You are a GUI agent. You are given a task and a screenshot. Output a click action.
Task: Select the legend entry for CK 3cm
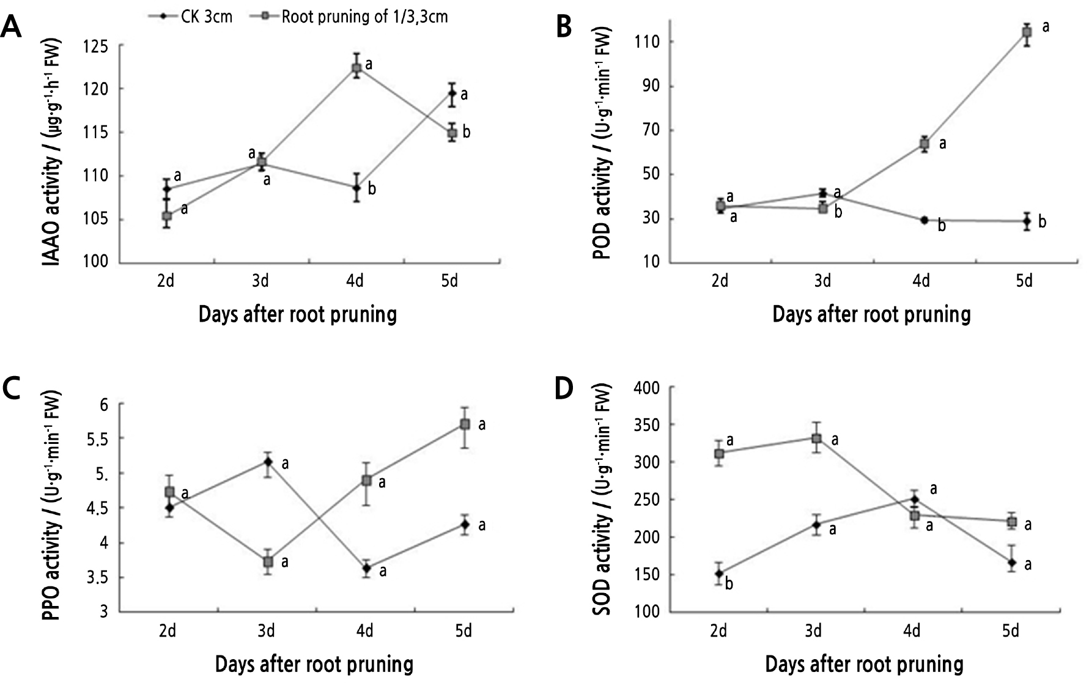[x=190, y=17]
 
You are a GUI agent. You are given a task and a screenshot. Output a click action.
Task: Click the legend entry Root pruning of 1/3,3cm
[x=349, y=17]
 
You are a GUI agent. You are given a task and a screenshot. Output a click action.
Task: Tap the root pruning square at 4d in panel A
[x=356, y=68]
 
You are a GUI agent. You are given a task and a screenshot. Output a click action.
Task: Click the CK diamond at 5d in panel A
[x=452, y=94]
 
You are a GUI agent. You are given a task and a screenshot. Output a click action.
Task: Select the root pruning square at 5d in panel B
[x=1027, y=33]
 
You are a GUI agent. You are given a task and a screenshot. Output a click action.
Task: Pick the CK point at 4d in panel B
[x=925, y=220]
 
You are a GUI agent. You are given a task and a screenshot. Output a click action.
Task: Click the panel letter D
[x=564, y=389]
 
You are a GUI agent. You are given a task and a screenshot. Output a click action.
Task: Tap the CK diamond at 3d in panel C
[x=268, y=462]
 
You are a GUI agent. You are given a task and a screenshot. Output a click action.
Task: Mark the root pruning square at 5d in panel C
[x=465, y=424]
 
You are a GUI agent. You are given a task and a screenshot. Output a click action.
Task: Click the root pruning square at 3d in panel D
[x=816, y=438]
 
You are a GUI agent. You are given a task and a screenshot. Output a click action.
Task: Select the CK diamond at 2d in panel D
[x=719, y=574]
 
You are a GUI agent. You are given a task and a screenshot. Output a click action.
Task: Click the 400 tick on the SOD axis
[x=646, y=388]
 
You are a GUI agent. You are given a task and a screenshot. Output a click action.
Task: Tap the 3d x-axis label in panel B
[x=823, y=281]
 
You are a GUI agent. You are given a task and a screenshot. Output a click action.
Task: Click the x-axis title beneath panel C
[x=314, y=664]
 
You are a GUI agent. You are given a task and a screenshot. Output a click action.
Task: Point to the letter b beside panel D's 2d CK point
[x=729, y=585]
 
